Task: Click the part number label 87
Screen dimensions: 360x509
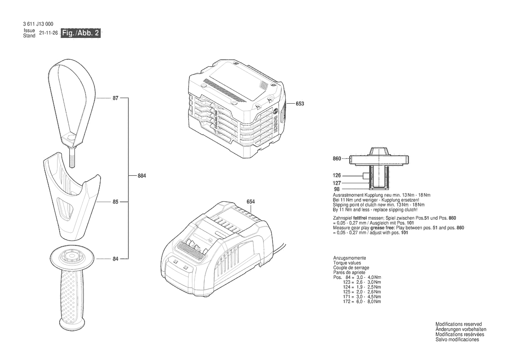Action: pyautogui.click(x=115, y=98)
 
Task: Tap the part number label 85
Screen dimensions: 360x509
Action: pyautogui.click(x=115, y=202)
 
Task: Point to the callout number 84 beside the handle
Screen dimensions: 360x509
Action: pyautogui.click(x=115, y=259)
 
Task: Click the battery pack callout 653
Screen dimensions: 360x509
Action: pyautogui.click(x=300, y=104)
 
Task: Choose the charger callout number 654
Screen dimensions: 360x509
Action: pyautogui.click(x=250, y=202)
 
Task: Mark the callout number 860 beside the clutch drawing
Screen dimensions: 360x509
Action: pyautogui.click(x=337, y=159)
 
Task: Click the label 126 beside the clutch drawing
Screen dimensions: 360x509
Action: pyautogui.click(x=337, y=175)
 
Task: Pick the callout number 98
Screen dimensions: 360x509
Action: pyautogui.click(x=337, y=189)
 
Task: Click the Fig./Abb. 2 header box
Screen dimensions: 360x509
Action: pyautogui.click(x=81, y=34)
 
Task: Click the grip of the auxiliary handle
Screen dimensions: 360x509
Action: pyautogui.click(x=71, y=296)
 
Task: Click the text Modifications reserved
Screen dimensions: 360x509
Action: pyautogui.click(x=458, y=324)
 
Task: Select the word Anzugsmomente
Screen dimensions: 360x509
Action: pyautogui.click(x=350, y=258)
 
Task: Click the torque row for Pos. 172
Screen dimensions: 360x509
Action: pyautogui.click(x=363, y=302)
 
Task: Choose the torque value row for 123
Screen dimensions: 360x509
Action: pyautogui.click(x=363, y=282)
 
